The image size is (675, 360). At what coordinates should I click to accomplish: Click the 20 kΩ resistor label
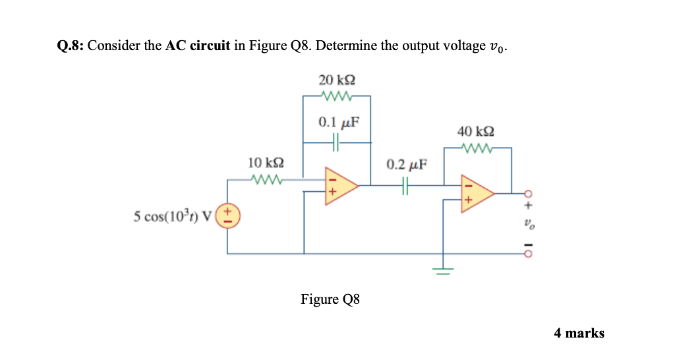tap(337, 80)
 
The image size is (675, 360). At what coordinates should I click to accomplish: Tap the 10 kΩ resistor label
tap(266, 163)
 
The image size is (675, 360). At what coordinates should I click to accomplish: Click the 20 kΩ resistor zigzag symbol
tap(337, 96)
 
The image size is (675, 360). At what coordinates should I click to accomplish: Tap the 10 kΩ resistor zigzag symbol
tap(267, 179)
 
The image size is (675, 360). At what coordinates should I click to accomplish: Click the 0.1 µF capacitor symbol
tap(336, 141)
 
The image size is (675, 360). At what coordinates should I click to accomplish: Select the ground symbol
tap(443, 270)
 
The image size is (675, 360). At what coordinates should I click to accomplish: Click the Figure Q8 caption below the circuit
tap(330, 300)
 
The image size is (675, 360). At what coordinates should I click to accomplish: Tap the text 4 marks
tap(579, 333)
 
